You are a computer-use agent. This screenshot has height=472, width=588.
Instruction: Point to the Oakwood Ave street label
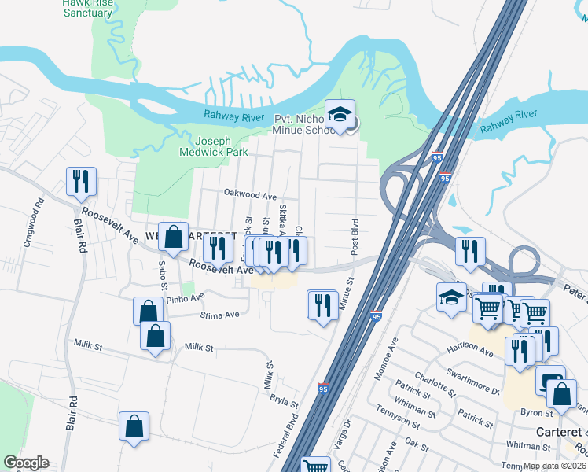[x=251, y=194]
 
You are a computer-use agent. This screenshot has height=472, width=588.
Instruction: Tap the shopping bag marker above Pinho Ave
[x=148, y=311]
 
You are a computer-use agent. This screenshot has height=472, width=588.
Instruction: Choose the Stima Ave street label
[x=221, y=315]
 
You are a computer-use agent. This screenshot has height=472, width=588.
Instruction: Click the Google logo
[x=26, y=463]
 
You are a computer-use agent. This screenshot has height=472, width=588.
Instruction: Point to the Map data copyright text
[x=553, y=466]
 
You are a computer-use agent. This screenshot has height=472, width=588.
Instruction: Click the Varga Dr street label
[x=343, y=437]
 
